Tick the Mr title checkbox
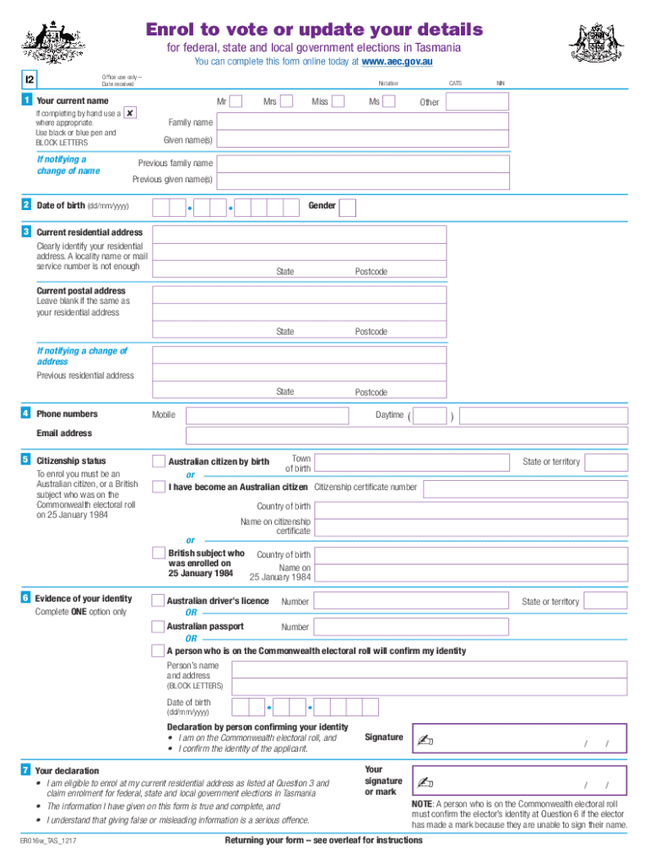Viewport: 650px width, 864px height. click(x=236, y=102)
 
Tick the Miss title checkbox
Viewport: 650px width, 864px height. click(x=338, y=102)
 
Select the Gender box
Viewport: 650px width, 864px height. click(x=347, y=208)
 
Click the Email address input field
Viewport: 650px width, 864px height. click(x=389, y=435)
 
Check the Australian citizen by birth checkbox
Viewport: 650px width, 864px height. click(x=159, y=462)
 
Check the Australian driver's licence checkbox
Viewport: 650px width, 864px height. click(x=159, y=602)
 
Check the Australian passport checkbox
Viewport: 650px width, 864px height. click(x=159, y=627)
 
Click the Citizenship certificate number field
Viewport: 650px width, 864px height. click(x=525, y=489)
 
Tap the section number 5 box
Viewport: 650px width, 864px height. click(x=27, y=460)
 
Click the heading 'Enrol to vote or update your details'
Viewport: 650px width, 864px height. click(x=314, y=30)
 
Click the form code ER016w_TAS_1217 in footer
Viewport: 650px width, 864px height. click(x=51, y=842)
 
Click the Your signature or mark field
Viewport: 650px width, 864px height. click(x=519, y=782)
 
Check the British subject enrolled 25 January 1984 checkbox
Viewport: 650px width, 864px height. click(x=159, y=553)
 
